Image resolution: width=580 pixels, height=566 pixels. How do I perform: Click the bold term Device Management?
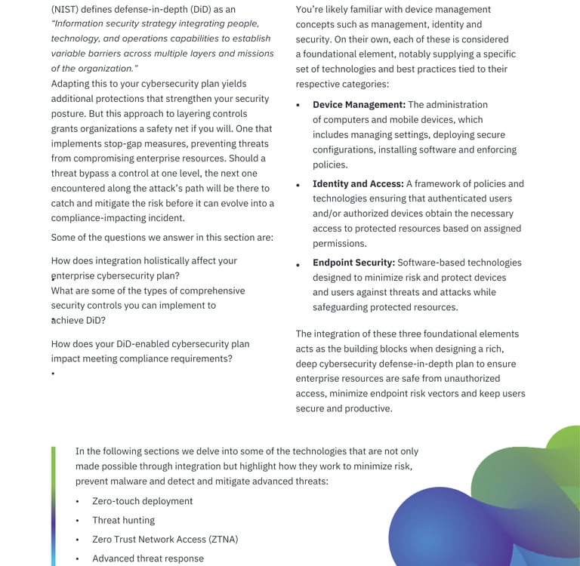click(359, 105)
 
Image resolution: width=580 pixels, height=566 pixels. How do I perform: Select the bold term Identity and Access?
click(358, 184)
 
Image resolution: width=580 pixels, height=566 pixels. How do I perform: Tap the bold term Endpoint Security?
click(353, 263)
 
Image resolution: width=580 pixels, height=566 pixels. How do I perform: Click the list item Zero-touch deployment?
click(142, 501)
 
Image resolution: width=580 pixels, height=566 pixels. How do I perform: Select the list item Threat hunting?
click(123, 521)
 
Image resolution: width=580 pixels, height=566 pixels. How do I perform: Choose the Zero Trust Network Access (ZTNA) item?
click(165, 540)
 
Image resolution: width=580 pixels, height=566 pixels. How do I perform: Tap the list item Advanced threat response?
click(148, 559)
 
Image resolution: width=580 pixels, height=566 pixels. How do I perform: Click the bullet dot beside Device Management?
click(298, 106)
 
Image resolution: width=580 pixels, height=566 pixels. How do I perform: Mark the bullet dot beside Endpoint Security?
click(298, 265)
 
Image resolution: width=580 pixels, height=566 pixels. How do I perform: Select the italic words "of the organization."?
click(94, 69)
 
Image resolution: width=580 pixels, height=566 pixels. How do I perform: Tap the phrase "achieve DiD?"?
click(79, 321)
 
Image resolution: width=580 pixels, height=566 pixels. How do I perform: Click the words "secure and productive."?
click(344, 409)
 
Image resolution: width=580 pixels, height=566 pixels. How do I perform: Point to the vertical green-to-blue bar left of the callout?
click(54, 506)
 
